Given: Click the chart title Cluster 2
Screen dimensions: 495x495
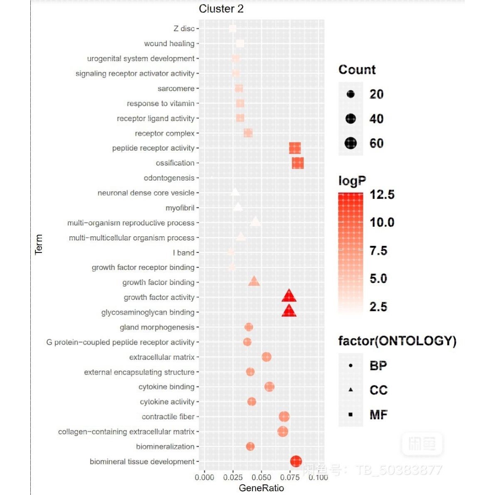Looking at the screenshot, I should tap(221, 9).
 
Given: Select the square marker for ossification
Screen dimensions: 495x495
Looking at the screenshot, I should tap(298, 163).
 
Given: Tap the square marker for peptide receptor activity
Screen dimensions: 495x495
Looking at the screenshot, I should tap(295, 148).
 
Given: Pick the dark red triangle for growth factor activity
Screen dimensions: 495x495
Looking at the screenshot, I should tap(289, 296).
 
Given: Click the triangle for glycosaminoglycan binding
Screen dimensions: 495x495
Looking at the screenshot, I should tap(289, 311).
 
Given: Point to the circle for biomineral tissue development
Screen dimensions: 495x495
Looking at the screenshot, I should tap(296, 461).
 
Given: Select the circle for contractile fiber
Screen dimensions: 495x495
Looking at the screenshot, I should tap(284, 417).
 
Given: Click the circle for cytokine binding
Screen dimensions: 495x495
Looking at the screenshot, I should tap(270, 387).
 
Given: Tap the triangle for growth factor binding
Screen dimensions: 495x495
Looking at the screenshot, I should tap(254, 282).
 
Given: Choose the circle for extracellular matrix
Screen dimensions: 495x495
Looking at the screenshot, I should tap(267, 357).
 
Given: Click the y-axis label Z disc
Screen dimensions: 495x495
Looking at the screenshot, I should tap(184, 29).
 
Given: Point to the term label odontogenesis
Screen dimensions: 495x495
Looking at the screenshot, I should tap(169, 178).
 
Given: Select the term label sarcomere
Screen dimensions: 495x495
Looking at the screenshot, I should tap(176, 88).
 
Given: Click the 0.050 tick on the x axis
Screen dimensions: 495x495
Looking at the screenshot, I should tap(261, 478).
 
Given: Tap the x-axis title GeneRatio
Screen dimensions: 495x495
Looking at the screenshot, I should tap(261, 488).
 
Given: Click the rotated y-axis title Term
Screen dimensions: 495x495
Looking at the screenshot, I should tap(39, 244).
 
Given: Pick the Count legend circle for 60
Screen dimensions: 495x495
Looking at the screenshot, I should tap(351, 143).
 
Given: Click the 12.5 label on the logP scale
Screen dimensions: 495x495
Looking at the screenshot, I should tap(382, 194).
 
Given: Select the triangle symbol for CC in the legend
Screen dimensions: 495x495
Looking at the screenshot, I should tap(351, 390).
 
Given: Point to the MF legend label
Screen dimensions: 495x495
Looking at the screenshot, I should tap(378, 414).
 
